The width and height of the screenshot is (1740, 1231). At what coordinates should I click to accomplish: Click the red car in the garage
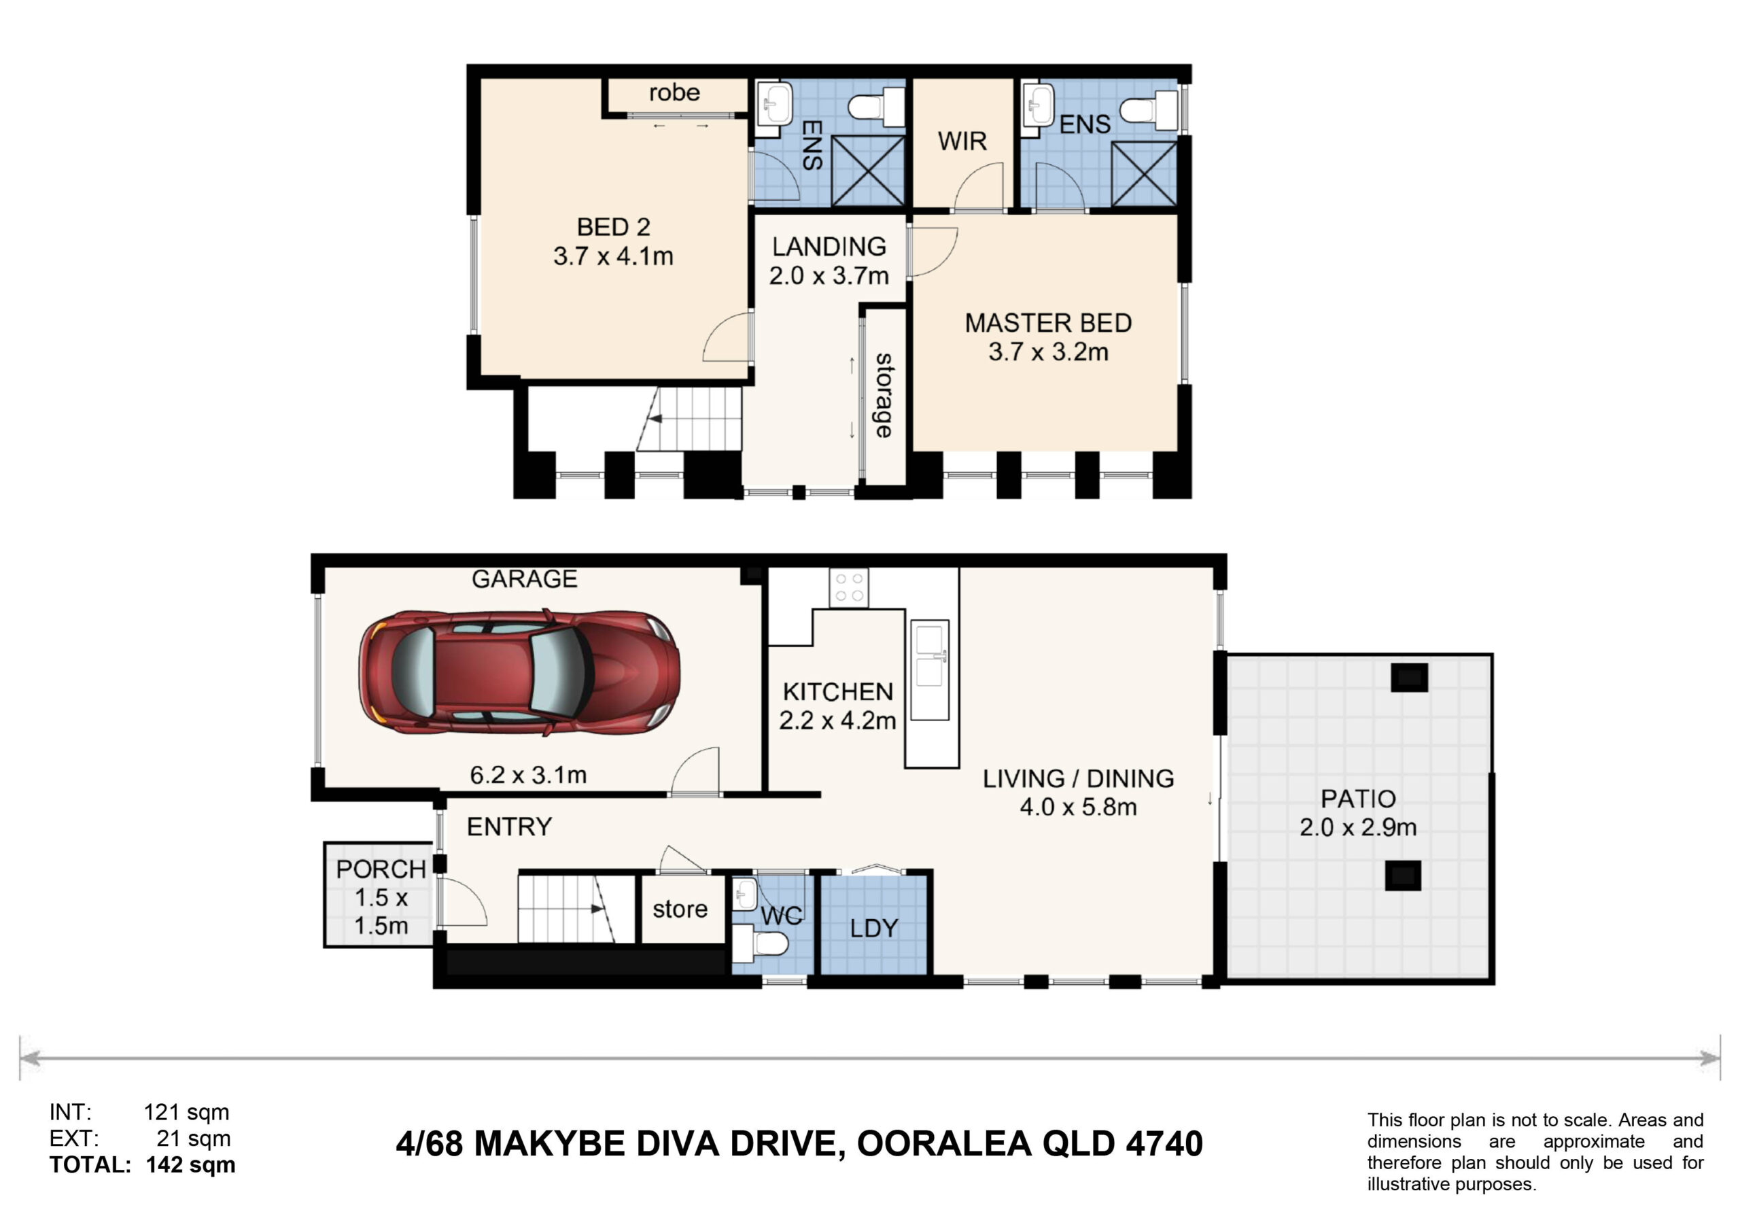pos(519,672)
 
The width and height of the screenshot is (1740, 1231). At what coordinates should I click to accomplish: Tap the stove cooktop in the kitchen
pos(849,587)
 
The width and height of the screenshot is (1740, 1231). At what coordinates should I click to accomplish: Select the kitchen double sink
pos(929,670)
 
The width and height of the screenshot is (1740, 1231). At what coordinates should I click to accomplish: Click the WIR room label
pos(962,141)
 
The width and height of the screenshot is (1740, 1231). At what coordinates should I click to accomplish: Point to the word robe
pos(674,92)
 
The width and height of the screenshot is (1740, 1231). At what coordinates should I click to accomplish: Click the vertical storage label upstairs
pos(884,395)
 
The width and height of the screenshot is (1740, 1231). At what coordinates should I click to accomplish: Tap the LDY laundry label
pos(874,929)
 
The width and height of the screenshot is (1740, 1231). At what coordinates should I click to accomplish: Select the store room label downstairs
pos(680,909)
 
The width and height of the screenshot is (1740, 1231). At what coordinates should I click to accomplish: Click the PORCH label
pos(381,869)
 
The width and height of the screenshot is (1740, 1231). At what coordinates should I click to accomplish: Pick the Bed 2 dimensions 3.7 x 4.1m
pos(613,256)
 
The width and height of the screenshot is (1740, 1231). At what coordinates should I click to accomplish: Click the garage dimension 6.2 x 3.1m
pos(528,775)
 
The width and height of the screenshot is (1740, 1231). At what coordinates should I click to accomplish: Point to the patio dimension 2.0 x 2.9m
pos(1358,827)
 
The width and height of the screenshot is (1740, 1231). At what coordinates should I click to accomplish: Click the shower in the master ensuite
pos(1144,173)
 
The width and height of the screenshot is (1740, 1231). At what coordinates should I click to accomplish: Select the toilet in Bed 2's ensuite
pos(877,107)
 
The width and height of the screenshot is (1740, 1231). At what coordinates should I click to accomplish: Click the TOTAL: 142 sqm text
pos(143,1164)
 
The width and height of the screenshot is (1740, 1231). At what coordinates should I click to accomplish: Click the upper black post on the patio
pos(1409,677)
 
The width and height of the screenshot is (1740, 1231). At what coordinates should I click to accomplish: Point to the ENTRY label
pos(509,827)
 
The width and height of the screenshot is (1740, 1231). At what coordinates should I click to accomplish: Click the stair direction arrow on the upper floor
pos(655,419)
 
